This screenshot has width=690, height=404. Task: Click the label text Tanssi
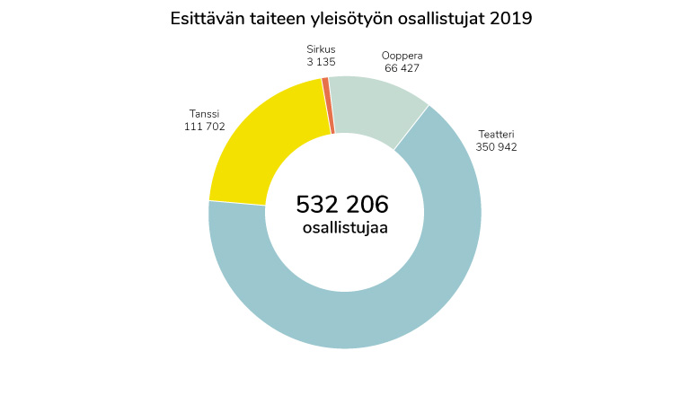(204, 114)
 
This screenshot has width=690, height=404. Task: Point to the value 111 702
(204, 127)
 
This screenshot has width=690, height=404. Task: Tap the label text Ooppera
(402, 55)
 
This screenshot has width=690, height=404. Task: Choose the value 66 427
(402, 68)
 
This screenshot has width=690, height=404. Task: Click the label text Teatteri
(495, 134)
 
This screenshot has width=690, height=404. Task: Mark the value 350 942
(496, 147)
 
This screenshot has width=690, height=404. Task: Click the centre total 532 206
(342, 205)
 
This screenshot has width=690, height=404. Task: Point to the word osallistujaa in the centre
(345, 228)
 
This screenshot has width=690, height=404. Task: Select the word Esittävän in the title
(208, 18)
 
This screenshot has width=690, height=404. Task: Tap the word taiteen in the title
(283, 18)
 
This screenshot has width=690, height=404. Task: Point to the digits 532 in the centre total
(315, 205)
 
